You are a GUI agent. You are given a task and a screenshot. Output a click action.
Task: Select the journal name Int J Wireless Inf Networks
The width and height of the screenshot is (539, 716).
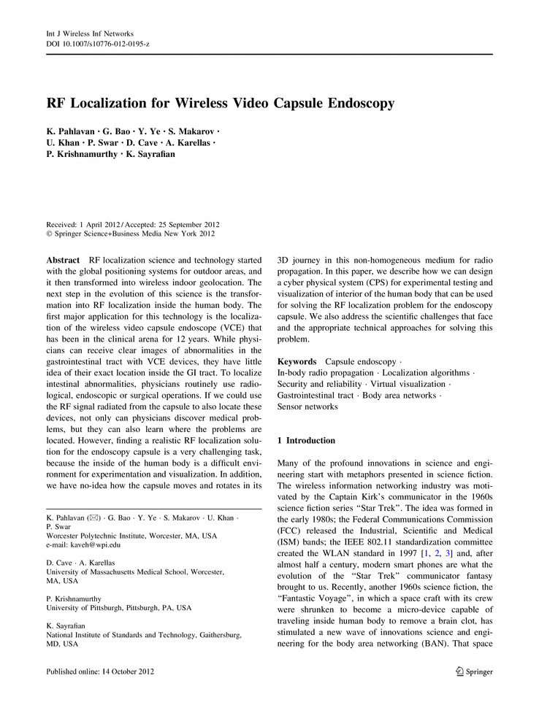[x=91, y=34]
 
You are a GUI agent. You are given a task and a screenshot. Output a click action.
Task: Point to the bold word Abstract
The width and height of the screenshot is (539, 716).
[x=63, y=260]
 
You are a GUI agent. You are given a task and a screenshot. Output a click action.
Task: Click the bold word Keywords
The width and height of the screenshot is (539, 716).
[x=297, y=361]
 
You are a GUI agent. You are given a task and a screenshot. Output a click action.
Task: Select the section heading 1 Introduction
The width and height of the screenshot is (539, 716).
[x=307, y=441]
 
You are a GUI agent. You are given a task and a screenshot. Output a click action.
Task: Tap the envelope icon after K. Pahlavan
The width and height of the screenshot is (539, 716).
[x=92, y=517]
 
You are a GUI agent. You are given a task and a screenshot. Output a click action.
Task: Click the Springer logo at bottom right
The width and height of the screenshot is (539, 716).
[x=473, y=671]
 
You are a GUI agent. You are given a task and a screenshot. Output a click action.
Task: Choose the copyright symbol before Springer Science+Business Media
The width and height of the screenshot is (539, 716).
[x=50, y=234]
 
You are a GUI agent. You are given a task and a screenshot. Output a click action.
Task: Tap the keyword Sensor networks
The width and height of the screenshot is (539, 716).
[x=307, y=407]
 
